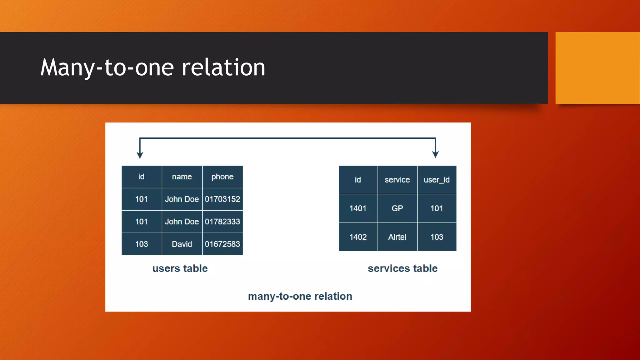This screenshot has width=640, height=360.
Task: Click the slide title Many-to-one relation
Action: coord(153,67)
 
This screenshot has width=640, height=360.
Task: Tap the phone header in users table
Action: coord(222,177)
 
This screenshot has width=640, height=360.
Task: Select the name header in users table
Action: coord(182,177)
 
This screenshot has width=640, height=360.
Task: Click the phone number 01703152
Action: coord(222,199)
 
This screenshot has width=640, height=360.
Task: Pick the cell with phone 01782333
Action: coord(222,222)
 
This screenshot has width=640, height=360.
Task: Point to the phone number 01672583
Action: coord(222,244)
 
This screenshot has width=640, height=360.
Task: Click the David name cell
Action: coord(182,244)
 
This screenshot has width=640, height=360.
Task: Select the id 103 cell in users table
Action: coord(141,244)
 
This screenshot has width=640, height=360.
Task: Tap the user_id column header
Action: coord(437,180)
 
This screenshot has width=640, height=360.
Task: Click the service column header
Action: coord(397,180)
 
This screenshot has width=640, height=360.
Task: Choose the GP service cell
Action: coord(397,208)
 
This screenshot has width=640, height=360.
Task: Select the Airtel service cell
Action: coord(397,237)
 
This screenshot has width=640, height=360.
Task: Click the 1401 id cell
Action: coord(358,208)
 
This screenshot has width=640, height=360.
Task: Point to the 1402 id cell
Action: coord(358,237)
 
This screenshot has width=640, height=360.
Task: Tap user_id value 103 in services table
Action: coord(437,237)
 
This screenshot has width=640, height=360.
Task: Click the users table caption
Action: coord(180,268)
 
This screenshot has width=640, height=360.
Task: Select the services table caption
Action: coord(402,268)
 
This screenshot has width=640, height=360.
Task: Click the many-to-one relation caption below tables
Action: coord(300,296)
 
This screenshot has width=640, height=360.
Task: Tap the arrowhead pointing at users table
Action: coord(140,155)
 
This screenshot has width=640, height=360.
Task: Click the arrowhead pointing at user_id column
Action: coord(435,154)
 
